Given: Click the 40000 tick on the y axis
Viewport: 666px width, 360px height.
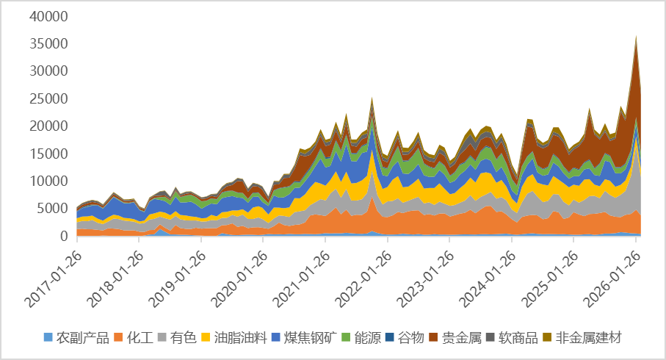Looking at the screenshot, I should click(x=51, y=16).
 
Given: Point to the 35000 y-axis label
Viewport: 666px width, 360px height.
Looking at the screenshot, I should click(x=51, y=44).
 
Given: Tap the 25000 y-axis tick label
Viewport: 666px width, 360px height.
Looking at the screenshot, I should click(x=51, y=98).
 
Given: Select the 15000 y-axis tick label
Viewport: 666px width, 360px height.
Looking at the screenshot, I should click(x=51, y=154).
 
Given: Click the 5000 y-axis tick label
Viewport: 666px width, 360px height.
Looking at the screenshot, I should click(x=54, y=209).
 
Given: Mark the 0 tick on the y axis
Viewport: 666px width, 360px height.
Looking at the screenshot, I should click(x=65, y=236).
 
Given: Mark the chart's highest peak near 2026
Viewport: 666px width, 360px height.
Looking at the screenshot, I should click(x=636, y=34).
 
